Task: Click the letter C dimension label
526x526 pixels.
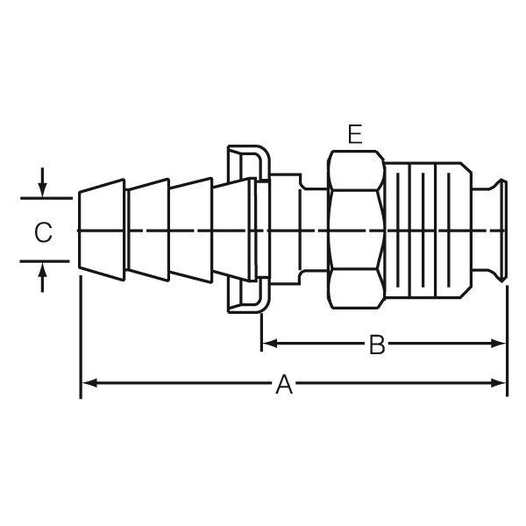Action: click(43, 231)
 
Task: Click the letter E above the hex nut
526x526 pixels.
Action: click(355, 134)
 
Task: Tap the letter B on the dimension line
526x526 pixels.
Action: click(377, 345)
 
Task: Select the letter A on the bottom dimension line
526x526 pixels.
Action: click(284, 384)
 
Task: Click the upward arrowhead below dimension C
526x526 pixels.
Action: click(42, 270)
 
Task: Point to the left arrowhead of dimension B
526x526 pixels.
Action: click(270, 344)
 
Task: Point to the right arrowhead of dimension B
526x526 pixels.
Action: click(498, 344)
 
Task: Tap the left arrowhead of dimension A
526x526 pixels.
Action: click(89, 383)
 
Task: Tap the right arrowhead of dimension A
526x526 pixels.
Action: click(498, 383)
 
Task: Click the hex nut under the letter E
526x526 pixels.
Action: click(356, 230)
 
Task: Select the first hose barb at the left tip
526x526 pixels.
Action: click(102, 230)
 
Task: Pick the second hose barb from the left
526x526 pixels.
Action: click(149, 230)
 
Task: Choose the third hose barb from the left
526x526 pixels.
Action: click(191, 230)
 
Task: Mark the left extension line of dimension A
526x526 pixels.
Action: click(81, 338)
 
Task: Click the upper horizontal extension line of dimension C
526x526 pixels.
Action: click(46, 199)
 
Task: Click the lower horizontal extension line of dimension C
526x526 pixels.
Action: click(45, 261)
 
